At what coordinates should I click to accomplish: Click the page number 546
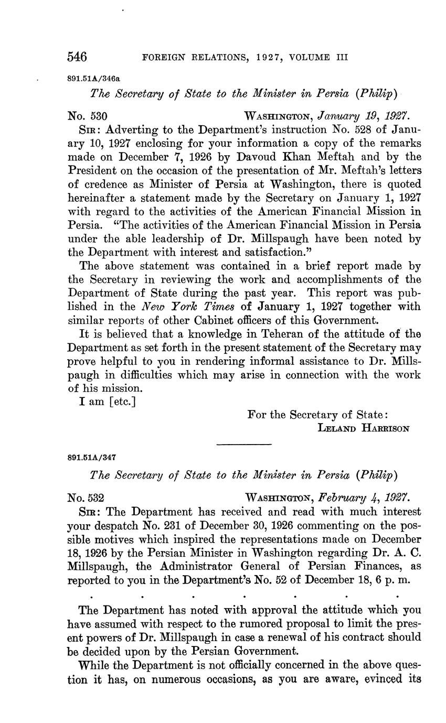pyautogui.click(x=77, y=57)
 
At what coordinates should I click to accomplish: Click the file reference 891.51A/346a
pyautogui.click(x=94, y=78)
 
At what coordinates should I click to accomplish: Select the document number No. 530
pyautogui.click(x=88, y=116)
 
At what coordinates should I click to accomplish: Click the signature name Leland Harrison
pyautogui.click(x=364, y=428)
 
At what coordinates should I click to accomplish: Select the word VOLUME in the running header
pyautogui.click(x=309, y=57)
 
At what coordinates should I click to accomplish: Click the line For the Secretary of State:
pyautogui.click(x=317, y=415)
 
